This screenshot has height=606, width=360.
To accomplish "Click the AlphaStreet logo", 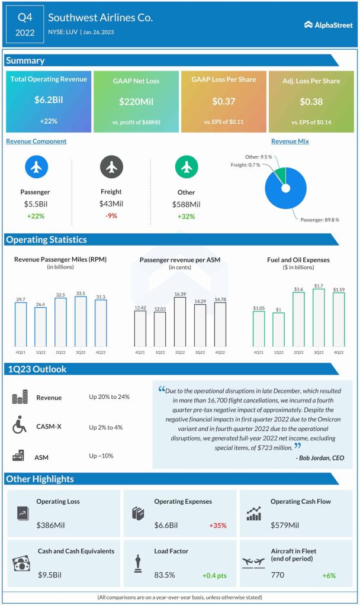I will (x=329, y=25).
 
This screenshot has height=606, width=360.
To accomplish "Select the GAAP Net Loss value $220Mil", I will (x=136, y=102).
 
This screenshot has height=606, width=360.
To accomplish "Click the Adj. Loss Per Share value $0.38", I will (x=311, y=102).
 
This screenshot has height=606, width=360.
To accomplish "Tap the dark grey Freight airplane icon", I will (x=111, y=167).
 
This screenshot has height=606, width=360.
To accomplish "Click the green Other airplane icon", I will (x=186, y=167).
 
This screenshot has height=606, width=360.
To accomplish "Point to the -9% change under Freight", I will (x=111, y=215).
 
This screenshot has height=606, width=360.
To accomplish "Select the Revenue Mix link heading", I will (x=290, y=141).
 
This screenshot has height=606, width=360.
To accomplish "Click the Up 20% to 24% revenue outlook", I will (x=110, y=397).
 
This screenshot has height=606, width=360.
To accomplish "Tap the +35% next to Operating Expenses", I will (x=217, y=525).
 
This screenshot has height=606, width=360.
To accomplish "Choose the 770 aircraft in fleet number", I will (x=278, y=575).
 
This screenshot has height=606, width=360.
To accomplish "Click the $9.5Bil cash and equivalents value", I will (x=50, y=575).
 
